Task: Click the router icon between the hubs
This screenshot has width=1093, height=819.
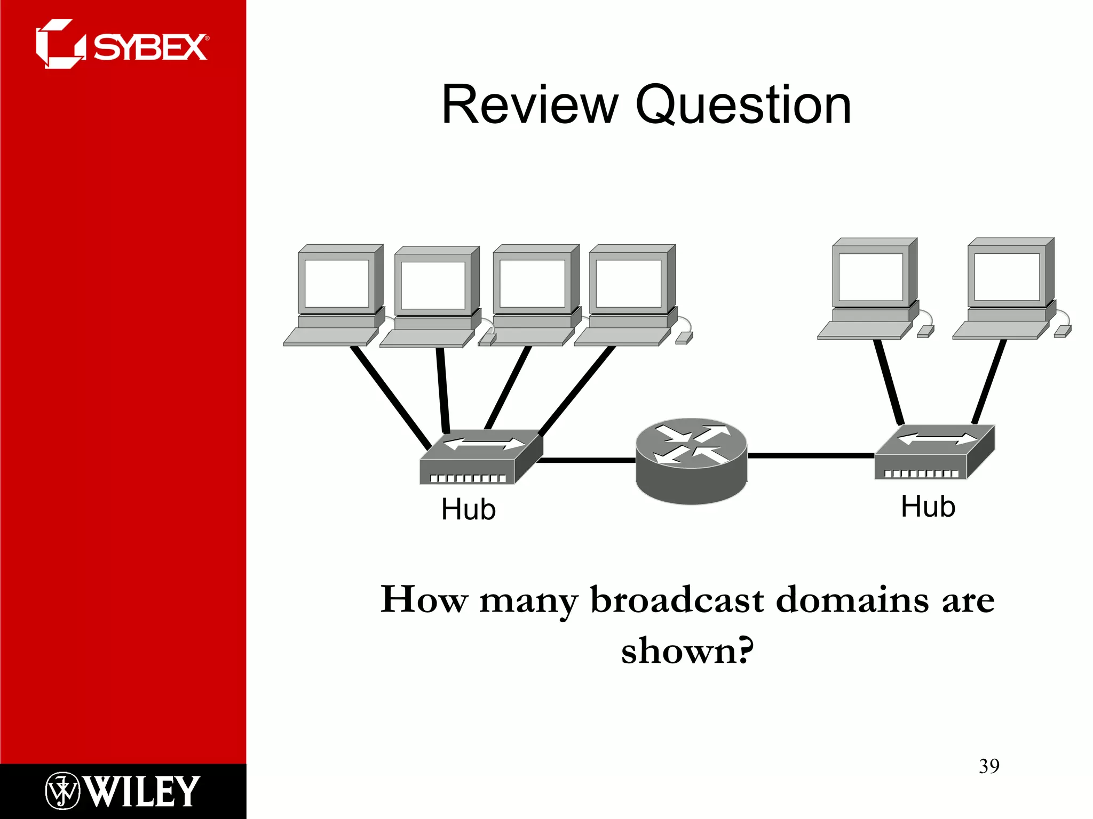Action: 692,461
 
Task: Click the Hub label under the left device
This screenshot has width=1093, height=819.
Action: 469,509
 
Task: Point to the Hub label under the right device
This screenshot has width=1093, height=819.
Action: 928,506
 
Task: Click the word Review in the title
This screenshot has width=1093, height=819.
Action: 530,105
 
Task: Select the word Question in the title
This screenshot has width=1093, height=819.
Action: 743,105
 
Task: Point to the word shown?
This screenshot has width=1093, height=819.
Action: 687,651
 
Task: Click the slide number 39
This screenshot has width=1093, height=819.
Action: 989,766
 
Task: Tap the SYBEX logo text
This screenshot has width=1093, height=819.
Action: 150,47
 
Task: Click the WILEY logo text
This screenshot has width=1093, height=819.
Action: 142,791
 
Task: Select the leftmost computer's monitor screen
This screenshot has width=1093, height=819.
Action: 336,284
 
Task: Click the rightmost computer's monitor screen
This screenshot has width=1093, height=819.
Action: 1007,277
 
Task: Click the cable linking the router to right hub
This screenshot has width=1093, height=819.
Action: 811,455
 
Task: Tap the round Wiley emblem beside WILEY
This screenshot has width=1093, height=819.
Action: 62,791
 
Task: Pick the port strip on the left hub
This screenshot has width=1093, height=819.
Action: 468,478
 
